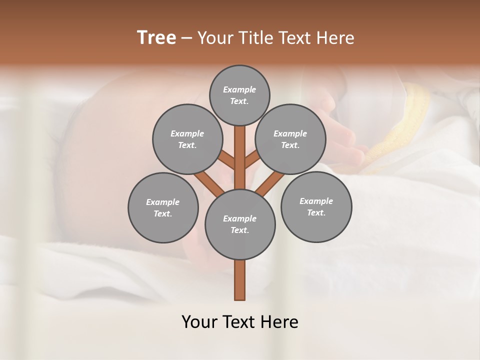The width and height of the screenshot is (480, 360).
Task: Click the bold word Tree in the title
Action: point(156,37)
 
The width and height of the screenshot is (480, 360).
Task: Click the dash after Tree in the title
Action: point(187,38)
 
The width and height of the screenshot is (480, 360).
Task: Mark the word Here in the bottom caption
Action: point(280,322)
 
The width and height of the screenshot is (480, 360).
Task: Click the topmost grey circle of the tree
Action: point(239,95)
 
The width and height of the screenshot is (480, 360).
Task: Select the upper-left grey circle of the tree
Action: point(187,139)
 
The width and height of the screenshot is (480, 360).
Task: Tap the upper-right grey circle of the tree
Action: point(290,139)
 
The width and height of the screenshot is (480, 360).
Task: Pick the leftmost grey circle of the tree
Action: point(162,207)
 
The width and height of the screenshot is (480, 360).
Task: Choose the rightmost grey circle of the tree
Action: point(316,206)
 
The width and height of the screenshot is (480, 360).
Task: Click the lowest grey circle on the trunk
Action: point(240,224)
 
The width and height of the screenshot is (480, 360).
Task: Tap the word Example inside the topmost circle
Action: point(239,89)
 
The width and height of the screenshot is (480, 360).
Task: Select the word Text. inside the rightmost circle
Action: point(316,212)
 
